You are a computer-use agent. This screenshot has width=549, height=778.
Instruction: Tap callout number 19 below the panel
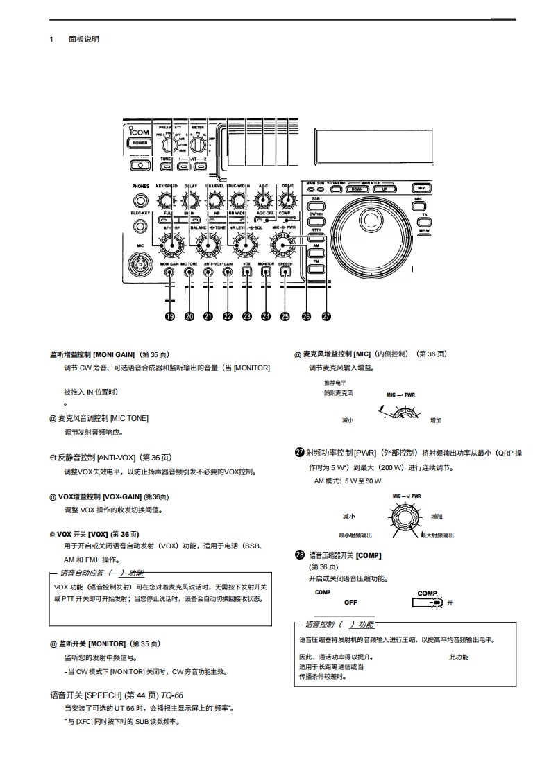169,316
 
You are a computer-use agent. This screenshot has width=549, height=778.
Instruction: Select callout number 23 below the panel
246,316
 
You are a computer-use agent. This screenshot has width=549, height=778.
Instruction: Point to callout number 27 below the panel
326,316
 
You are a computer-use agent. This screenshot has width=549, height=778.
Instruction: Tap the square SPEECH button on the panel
285,273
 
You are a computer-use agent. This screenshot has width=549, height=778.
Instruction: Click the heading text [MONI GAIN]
115,354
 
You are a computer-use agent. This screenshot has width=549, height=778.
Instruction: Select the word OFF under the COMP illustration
350,603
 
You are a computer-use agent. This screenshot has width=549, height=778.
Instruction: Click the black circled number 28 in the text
300,555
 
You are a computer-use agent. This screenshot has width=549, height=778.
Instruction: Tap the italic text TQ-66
172,694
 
